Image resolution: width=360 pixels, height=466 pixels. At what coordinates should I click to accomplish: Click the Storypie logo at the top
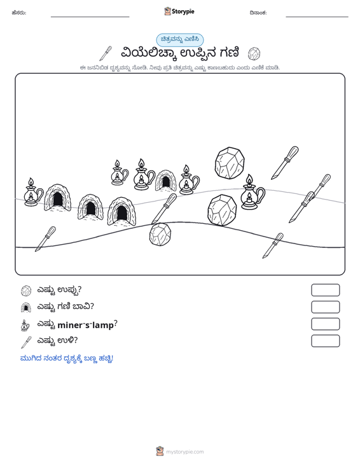point(179,11)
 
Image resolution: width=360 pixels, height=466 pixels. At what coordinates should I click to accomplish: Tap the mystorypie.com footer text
point(184,452)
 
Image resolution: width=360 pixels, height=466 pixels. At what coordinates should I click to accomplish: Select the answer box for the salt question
point(325,290)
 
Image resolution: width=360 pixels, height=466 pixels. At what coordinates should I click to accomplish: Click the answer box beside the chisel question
point(325,341)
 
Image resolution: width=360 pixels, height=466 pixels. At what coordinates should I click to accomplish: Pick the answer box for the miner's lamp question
point(325,324)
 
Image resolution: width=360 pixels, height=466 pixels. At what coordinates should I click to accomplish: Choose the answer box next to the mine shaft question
point(325,307)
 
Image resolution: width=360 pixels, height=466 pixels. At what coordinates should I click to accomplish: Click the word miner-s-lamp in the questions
point(86,325)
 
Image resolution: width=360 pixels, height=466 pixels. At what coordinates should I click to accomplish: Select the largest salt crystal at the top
point(230,163)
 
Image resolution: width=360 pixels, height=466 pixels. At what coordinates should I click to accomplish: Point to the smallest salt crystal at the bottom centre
point(160,235)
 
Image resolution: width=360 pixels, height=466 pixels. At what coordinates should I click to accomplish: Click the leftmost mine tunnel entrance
point(57,198)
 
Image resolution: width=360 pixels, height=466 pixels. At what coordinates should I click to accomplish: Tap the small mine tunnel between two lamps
point(165,181)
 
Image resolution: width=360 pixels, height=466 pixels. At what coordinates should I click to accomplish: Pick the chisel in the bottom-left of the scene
point(45,239)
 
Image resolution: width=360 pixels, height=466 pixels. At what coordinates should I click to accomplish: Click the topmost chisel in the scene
point(284,163)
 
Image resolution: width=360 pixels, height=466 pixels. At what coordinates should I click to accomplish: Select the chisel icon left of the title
point(106,53)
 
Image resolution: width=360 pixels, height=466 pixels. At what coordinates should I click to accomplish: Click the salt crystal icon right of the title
point(254,53)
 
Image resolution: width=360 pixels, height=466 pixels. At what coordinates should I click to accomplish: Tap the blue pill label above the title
point(180,39)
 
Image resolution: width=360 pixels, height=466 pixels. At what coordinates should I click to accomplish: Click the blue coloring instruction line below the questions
point(67,359)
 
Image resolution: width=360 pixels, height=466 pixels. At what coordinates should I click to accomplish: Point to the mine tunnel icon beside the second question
point(26,307)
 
